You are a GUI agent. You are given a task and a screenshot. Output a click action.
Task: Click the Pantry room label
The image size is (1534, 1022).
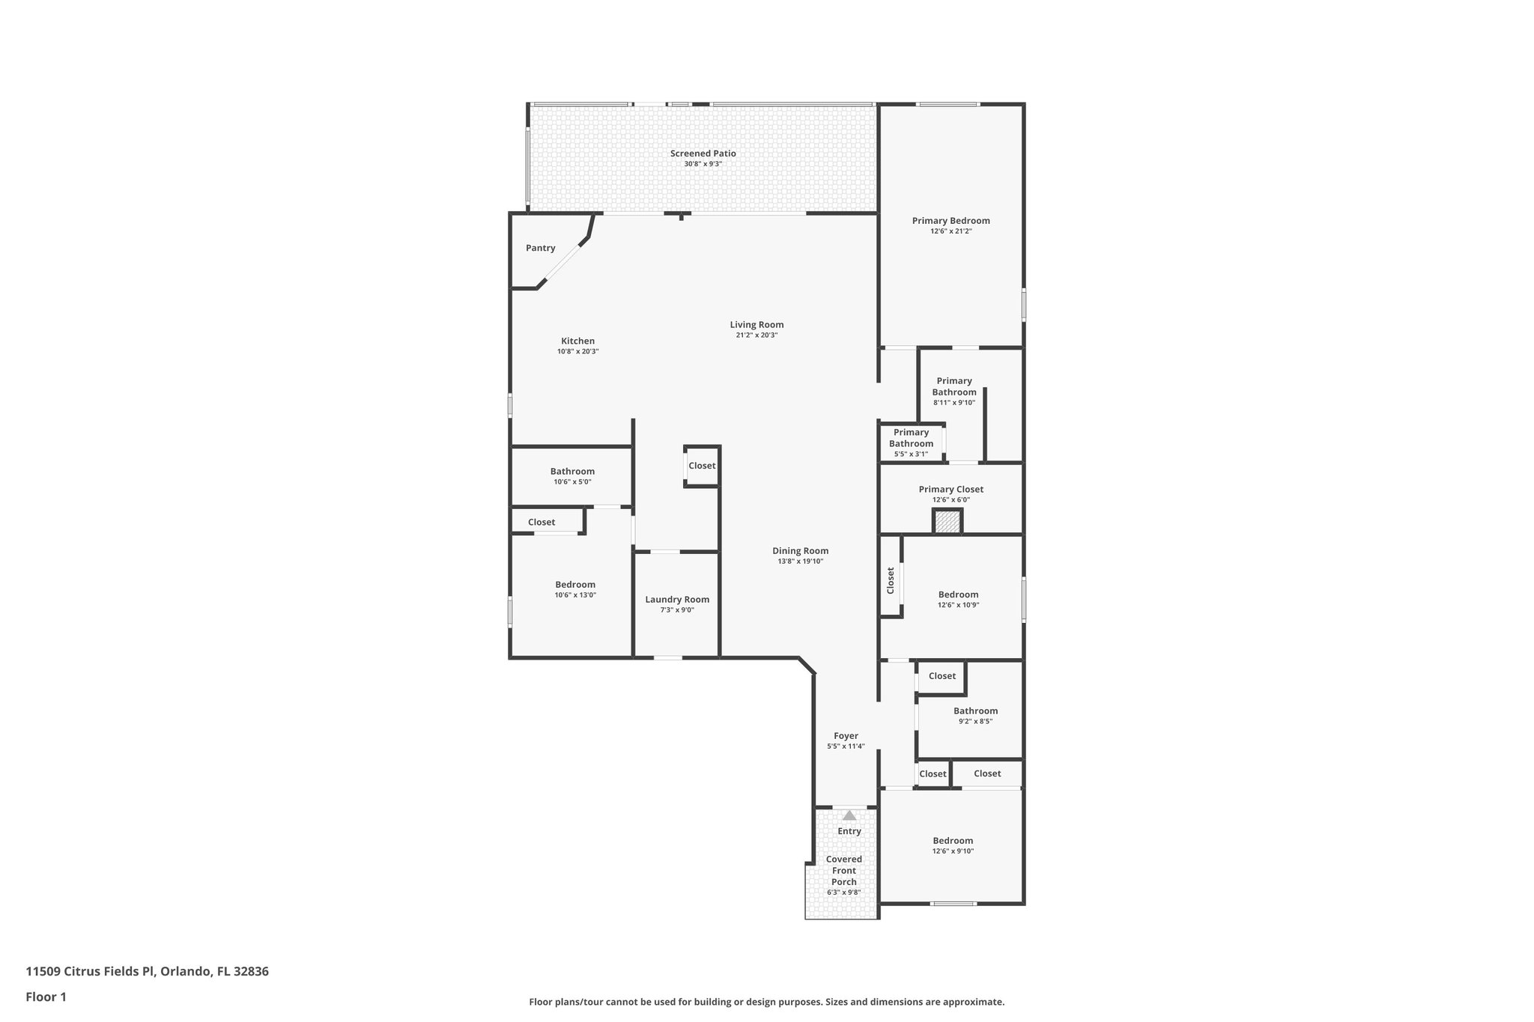[x=540, y=248]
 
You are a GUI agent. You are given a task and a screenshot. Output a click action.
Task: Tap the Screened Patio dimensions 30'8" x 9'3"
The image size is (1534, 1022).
[x=703, y=164]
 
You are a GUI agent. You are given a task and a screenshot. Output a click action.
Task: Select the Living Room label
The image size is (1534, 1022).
[x=757, y=325]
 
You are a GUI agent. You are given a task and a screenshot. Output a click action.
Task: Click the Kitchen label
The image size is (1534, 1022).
[x=577, y=341]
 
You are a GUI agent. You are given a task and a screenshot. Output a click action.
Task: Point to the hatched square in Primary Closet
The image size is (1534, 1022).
[x=948, y=522]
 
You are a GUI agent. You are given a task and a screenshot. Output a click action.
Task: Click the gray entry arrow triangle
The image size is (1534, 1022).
[x=849, y=815]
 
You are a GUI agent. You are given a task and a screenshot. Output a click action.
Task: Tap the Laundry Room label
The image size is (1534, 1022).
[x=677, y=600]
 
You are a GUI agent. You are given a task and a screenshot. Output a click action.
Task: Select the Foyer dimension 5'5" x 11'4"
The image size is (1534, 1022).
[x=846, y=746]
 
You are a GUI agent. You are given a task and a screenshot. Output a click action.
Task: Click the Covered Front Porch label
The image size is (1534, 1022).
[x=843, y=871]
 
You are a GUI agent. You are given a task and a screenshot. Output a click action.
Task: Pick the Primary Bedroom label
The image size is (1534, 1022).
[x=951, y=221]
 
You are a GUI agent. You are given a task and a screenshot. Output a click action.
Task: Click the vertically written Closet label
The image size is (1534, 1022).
[x=891, y=580]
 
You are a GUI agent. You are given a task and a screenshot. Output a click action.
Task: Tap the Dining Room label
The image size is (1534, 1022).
[x=800, y=551]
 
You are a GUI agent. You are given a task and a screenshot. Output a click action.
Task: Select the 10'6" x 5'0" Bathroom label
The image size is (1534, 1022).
[x=572, y=472]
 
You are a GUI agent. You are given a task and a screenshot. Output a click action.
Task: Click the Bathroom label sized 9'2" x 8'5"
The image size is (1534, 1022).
[x=975, y=711]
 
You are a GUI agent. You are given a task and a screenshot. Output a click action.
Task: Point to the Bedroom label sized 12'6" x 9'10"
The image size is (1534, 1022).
[x=953, y=841]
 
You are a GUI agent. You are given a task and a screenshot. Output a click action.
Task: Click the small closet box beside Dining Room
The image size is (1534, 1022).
[x=702, y=466]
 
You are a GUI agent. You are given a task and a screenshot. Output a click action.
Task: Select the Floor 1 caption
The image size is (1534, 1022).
[x=46, y=997]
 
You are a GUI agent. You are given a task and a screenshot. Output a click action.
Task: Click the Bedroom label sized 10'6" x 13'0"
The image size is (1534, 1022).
[x=575, y=585]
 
